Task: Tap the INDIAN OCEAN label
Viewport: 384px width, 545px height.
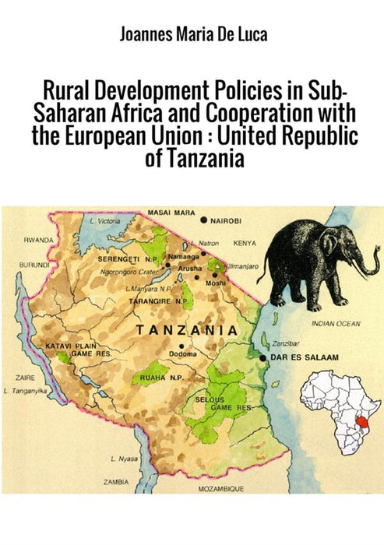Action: click(336, 323)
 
